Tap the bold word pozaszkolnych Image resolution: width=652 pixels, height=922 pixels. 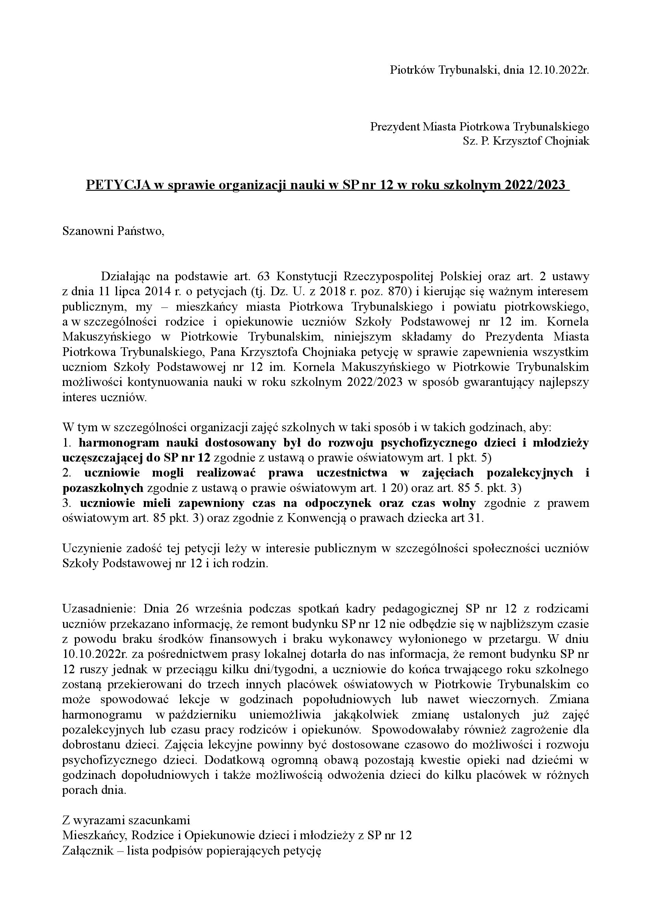(103, 488)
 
